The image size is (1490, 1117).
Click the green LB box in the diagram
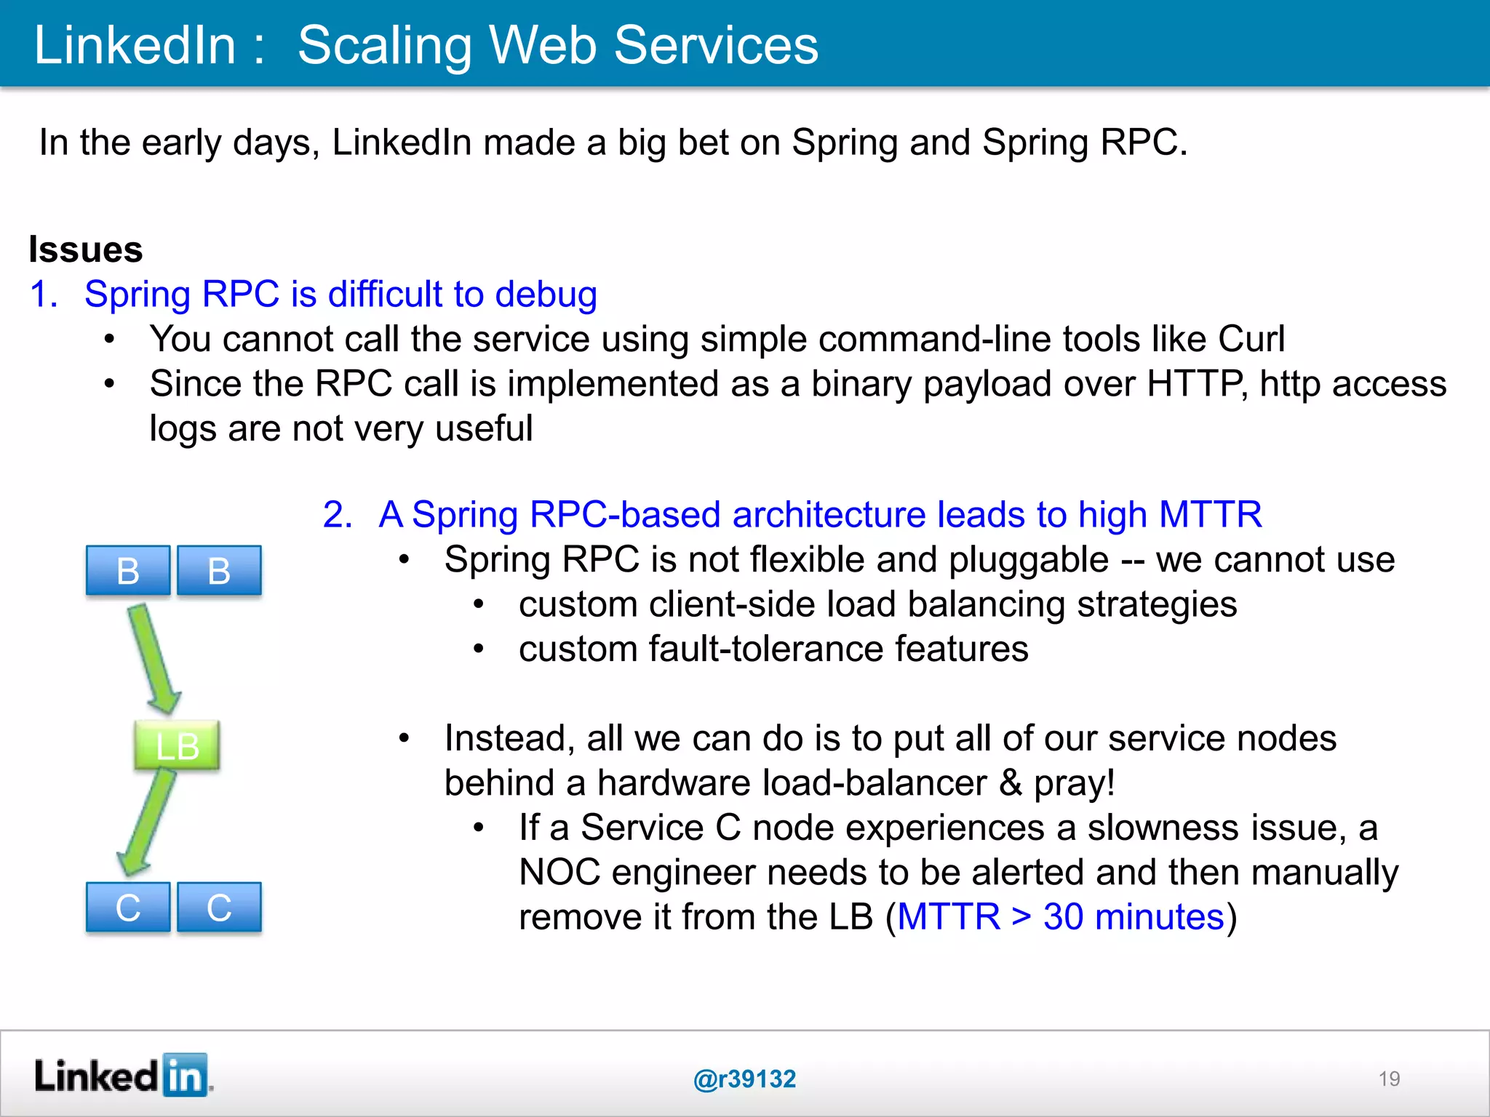tap(177, 745)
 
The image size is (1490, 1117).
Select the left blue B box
tap(128, 571)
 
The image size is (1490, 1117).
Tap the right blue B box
tap(219, 571)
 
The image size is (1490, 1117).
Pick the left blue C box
tap(128, 907)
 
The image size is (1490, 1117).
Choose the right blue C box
tap(219, 907)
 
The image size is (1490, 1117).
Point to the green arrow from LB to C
tap(148, 822)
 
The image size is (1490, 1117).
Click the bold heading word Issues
tap(86, 249)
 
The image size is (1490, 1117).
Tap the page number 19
tap(1389, 1078)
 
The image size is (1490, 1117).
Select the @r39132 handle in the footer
tap(744, 1078)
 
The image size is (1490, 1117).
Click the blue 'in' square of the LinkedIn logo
tap(185, 1075)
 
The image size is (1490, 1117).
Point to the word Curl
tap(1251, 339)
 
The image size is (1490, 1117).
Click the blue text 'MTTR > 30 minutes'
tap(1061, 916)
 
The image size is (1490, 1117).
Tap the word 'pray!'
tap(1075, 783)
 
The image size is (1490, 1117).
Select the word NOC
tap(559, 872)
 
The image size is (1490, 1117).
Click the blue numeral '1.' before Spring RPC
tap(44, 295)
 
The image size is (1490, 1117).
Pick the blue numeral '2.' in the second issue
tap(338, 515)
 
